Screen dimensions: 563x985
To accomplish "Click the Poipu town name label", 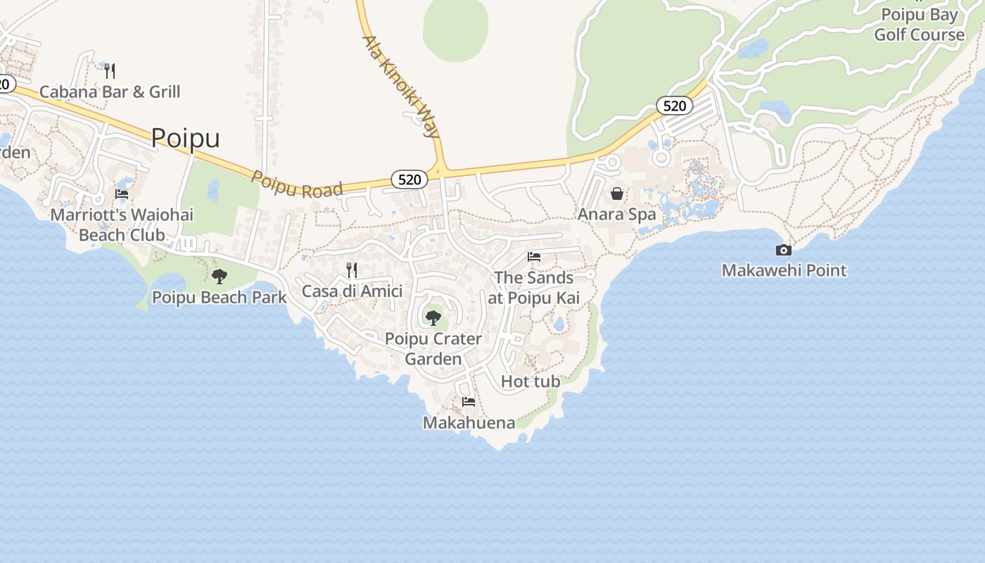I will point(185,138).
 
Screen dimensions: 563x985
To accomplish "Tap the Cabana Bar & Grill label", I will point(110,91).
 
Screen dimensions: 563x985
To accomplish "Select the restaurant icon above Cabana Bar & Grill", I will point(109,70).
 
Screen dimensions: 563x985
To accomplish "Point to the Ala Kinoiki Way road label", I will point(400,85).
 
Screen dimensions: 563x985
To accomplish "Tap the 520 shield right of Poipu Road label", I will point(409,179).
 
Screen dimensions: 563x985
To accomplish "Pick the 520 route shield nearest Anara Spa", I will point(674,106).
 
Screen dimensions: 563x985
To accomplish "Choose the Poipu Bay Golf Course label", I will point(919,25).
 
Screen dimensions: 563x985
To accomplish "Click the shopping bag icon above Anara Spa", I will point(617,194).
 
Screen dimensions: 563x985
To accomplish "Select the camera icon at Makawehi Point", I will point(783,250).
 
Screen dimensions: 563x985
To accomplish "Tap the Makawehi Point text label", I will point(784,270).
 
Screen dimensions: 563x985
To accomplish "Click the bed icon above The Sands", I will point(534,257).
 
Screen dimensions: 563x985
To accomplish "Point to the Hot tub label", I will point(530,381).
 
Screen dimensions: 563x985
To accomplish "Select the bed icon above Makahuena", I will point(469,402).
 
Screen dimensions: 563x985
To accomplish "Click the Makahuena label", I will point(469,422).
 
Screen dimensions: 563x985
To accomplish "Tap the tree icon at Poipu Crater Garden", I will point(433,318).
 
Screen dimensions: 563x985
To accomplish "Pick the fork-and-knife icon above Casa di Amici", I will point(352,270).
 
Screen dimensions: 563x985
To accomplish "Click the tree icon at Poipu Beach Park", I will point(220,277).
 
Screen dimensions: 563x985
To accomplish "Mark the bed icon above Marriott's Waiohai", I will point(122,194).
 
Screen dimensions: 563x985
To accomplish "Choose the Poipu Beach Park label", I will point(220,298).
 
